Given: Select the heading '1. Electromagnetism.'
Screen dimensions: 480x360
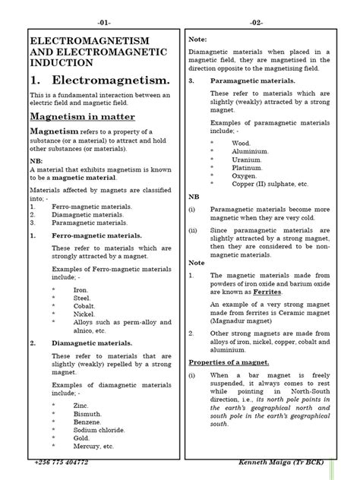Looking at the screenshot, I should [x=99, y=80].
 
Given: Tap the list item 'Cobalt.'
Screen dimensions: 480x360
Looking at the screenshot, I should [x=85, y=302].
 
